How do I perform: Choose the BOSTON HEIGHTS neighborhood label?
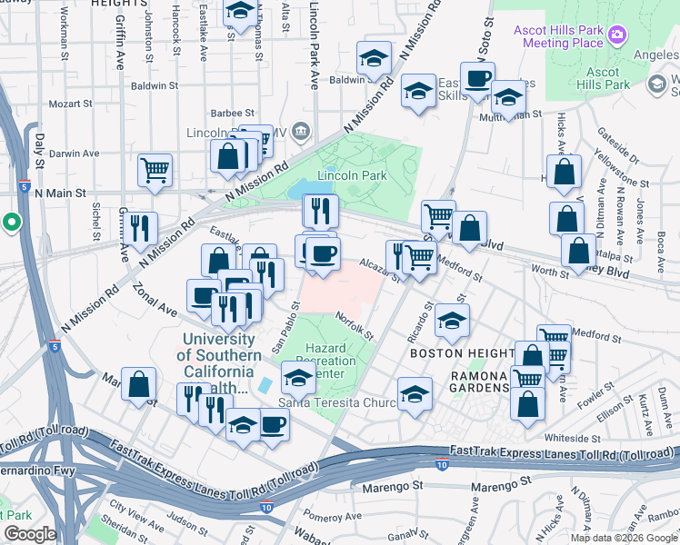(x=456, y=352)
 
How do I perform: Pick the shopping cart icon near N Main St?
(x=155, y=169)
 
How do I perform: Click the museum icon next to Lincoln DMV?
(x=301, y=134)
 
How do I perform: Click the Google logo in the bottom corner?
(x=29, y=534)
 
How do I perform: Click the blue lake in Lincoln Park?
(x=299, y=189)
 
